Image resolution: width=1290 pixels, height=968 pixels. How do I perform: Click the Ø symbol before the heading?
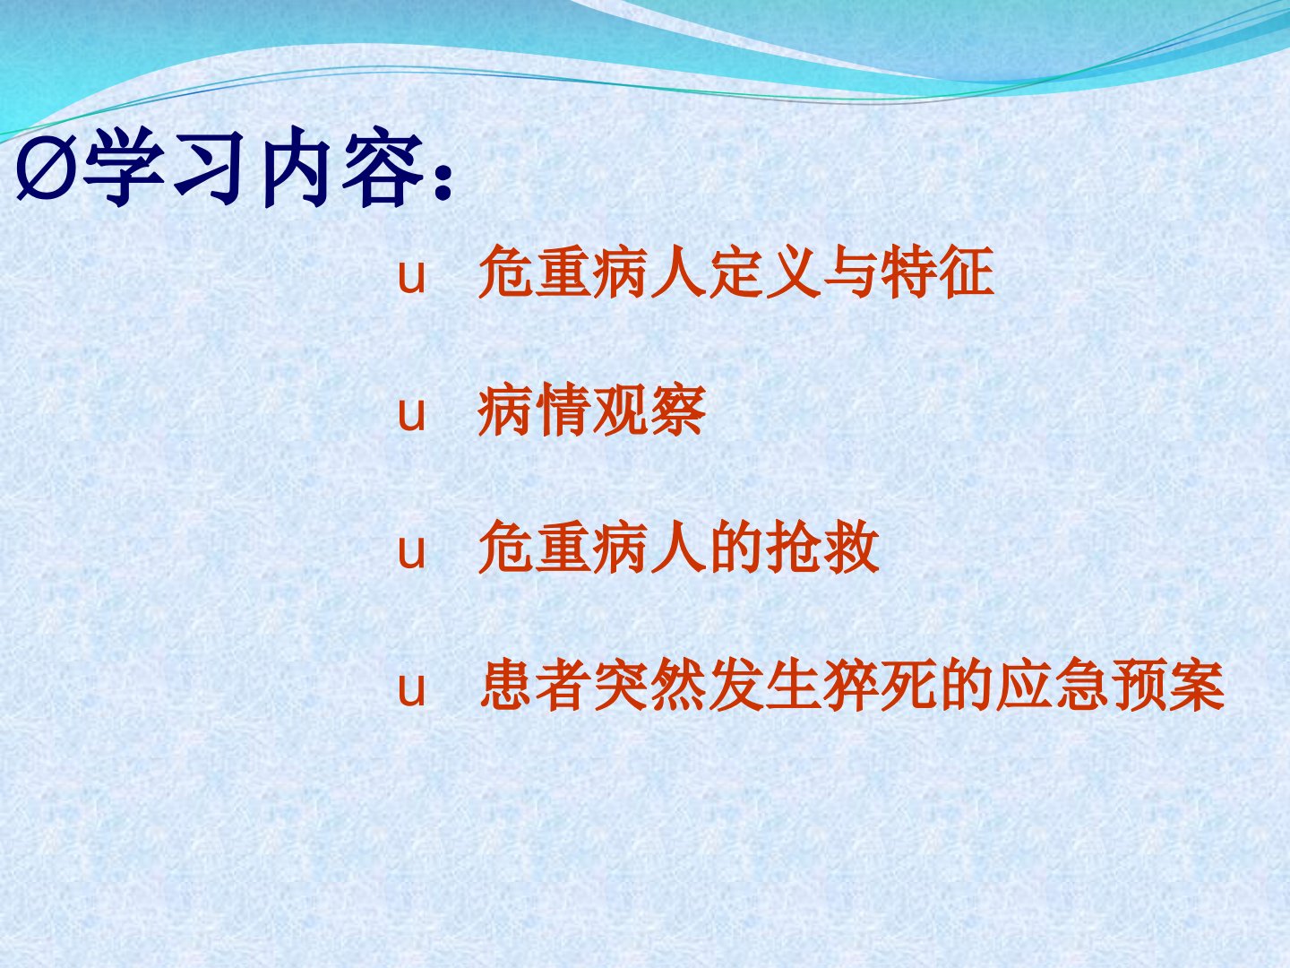click(47, 171)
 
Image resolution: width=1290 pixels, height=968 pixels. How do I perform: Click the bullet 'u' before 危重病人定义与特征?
click(411, 276)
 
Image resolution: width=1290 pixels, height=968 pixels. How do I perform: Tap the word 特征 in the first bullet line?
click(937, 272)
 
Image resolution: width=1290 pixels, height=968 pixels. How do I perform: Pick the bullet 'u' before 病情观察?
click(411, 414)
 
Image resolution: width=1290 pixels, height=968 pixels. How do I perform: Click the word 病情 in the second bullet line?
click(534, 410)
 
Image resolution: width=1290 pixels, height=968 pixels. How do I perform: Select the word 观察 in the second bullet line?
click(649, 410)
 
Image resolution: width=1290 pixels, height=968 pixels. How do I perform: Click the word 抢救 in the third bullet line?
click(822, 547)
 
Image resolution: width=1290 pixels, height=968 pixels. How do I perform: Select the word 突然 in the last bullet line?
click(649, 684)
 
